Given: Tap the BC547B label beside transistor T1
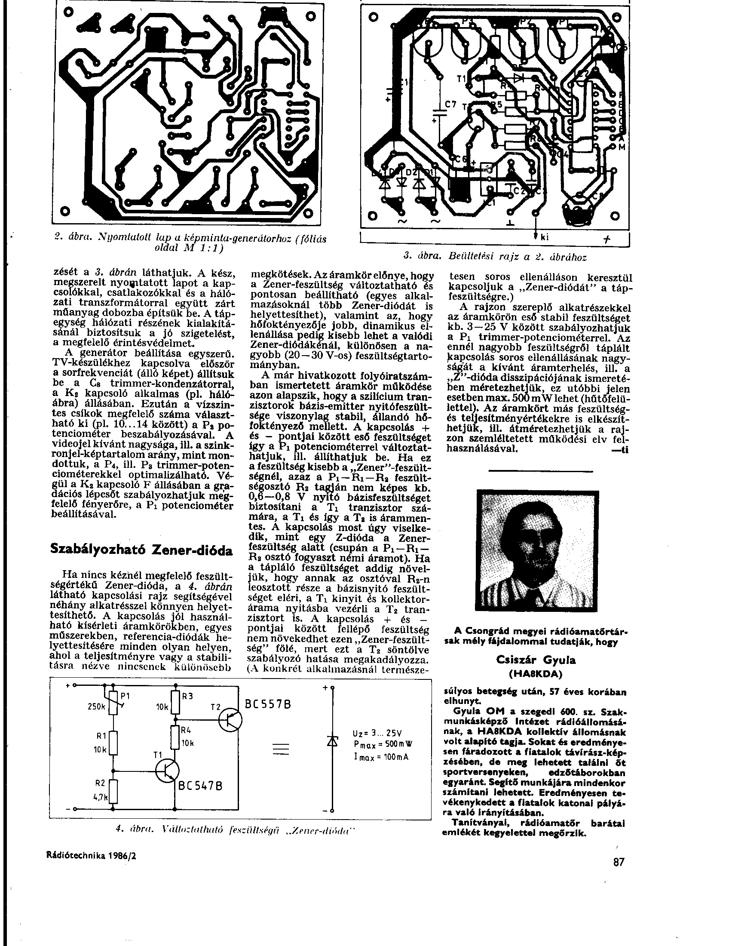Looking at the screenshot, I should coord(201,786).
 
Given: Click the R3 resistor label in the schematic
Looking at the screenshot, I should coord(187,697).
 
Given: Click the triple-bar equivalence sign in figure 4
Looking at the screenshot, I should coord(280,749).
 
